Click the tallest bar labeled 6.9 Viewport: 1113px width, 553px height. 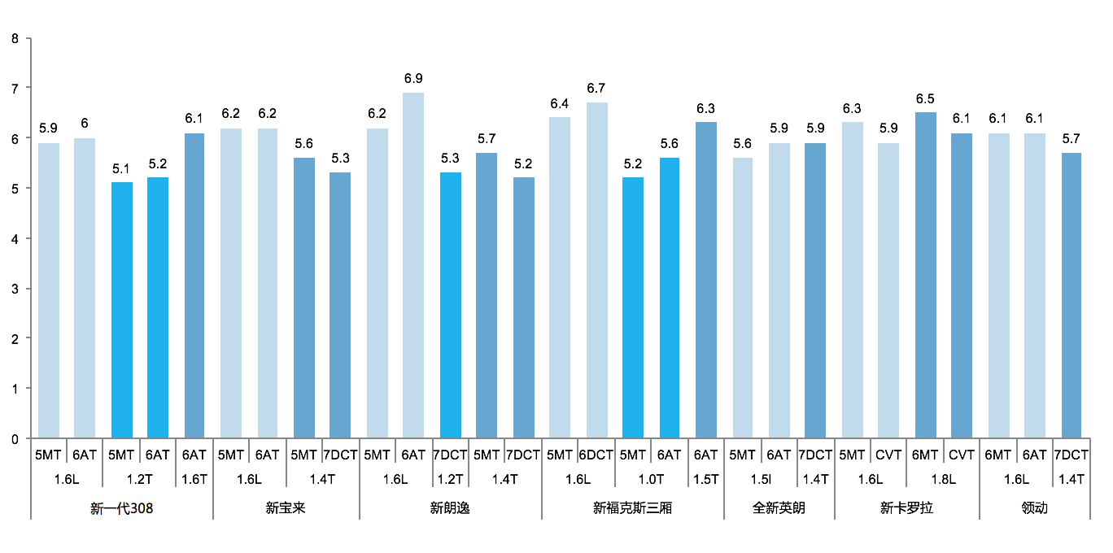413,265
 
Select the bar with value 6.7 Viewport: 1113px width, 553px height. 596,270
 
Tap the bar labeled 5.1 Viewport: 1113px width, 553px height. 122,310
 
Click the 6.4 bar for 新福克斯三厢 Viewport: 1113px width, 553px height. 560,277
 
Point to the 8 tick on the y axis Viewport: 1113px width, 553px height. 15,37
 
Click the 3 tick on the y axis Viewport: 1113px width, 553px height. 15,289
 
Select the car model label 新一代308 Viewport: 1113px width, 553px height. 122,509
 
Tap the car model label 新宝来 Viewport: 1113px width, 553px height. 286,509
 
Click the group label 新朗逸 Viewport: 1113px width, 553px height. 450,509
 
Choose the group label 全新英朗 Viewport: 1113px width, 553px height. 779,509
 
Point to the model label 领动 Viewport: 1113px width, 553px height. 1034,509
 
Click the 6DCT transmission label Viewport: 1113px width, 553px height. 596,455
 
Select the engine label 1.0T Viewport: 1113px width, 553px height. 651,480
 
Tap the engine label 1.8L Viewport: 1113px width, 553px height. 943,480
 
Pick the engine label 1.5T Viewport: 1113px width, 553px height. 705,480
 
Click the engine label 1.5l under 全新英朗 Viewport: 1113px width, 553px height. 761,480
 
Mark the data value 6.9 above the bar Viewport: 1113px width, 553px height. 413,79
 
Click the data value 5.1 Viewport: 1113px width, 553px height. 122,169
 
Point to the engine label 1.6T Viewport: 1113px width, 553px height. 195,480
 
